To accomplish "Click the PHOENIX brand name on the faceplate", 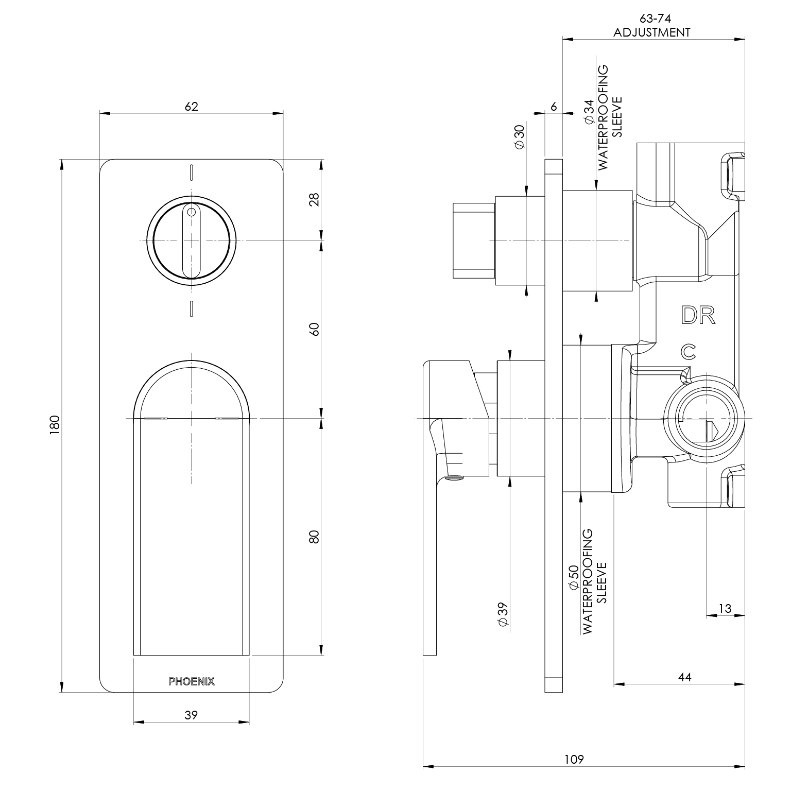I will click(192, 681).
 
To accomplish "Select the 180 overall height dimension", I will click(56, 425).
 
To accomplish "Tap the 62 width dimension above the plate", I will click(191, 107).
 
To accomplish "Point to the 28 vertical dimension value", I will click(315, 199).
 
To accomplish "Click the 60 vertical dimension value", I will click(315, 329).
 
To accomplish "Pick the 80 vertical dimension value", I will click(315, 536).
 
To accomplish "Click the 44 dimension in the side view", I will click(684, 677).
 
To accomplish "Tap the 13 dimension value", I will click(725, 608).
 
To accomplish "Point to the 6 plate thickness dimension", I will click(554, 107).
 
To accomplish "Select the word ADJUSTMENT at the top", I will click(652, 32).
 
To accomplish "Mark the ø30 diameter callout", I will click(519, 137).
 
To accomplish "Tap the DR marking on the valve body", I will click(698, 316).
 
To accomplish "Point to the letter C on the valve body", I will click(688, 352).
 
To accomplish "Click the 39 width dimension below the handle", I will click(191, 715).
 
